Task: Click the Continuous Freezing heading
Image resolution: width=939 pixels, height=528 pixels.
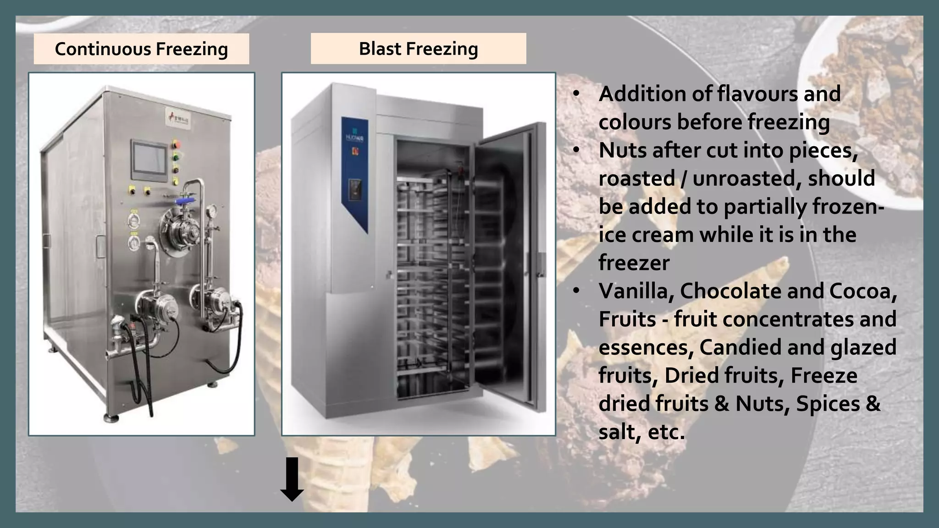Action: pyautogui.click(x=141, y=49)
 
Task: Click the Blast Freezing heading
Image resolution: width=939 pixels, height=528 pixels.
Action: pyautogui.click(x=418, y=49)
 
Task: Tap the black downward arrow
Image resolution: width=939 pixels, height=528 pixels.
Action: pyautogui.click(x=292, y=479)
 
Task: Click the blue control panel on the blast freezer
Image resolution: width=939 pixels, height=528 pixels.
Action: pyautogui.click(x=355, y=174)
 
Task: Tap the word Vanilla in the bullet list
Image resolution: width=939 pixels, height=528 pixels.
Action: pyautogui.click(x=635, y=291)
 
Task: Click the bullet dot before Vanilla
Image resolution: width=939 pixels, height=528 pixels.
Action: pyautogui.click(x=576, y=291)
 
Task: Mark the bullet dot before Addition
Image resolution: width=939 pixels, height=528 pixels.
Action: pyautogui.click(x=576, y=94)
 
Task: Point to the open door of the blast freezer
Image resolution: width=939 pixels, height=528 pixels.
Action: pyautogui.click(x=509, y=266)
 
